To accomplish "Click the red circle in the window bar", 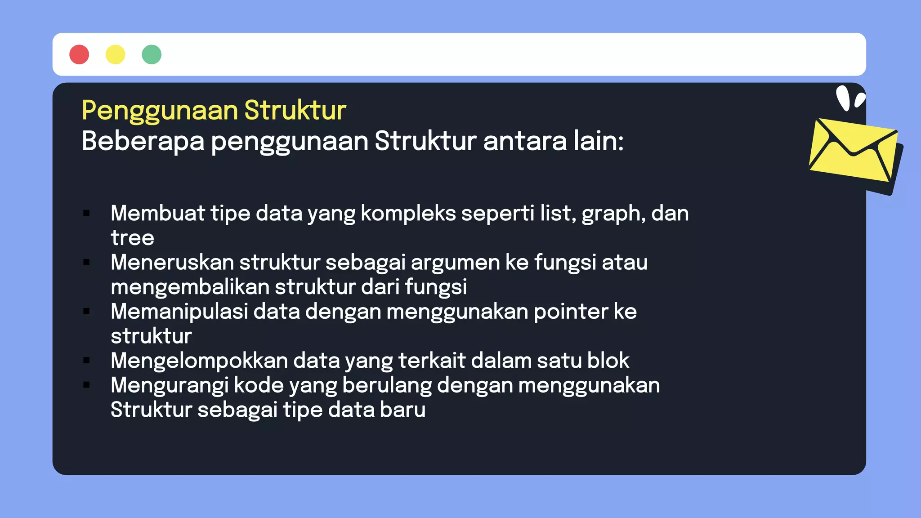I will (79, 54).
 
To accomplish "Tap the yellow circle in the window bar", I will (115, 54).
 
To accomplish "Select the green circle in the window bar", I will (152, 54).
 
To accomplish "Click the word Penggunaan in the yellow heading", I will (160, 111).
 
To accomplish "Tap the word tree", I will (132, 238).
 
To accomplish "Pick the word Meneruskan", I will (172, 262).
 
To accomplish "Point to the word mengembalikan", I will (190, 287).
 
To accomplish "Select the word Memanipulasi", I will (179, 312).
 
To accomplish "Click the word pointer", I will (571, 312).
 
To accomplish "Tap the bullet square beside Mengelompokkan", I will (87, 360).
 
